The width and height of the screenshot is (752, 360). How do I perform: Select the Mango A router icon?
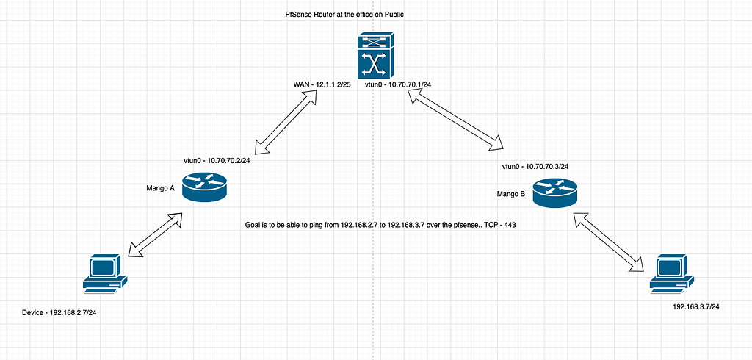click(206, 187)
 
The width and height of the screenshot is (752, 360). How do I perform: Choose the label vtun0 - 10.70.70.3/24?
click(535, 167)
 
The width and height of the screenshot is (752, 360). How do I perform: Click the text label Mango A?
click(160, 188)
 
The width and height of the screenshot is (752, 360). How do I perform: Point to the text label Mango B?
click(511, 195)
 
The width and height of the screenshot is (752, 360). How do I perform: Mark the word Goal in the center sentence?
click(253, 225)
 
